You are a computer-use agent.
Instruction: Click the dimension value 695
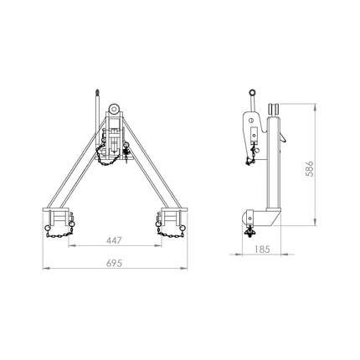tap(115, 262)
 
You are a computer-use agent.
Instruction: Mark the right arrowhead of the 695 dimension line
tap(187, 269)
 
